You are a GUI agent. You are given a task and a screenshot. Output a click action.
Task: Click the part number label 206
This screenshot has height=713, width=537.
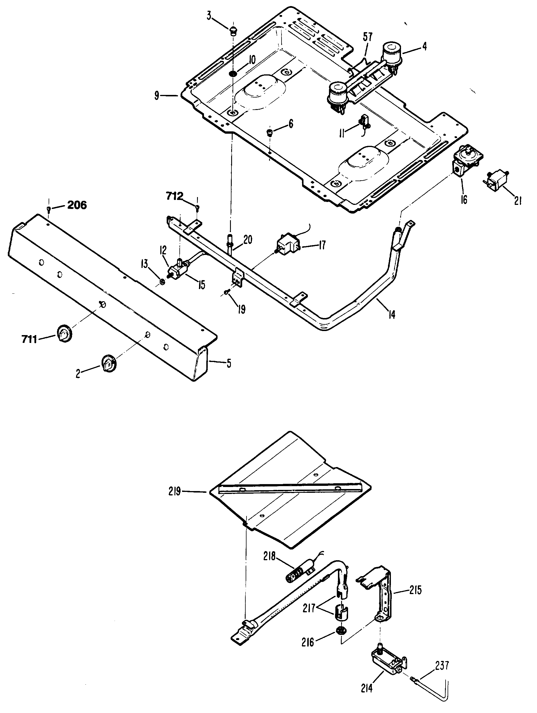(x=77, y=205)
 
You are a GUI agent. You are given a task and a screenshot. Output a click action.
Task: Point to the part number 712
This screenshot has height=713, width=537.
(x=174, y=196)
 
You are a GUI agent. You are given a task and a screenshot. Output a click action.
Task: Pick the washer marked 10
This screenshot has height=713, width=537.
(x=232, y=74)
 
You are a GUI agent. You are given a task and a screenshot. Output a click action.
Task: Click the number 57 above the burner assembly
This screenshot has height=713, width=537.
(x=367, y=37)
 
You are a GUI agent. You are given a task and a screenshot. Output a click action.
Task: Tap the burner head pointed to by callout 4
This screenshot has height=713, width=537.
(x=392, y=52)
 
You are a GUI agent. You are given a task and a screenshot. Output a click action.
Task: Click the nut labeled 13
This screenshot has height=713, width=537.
(x=162, y=282)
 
